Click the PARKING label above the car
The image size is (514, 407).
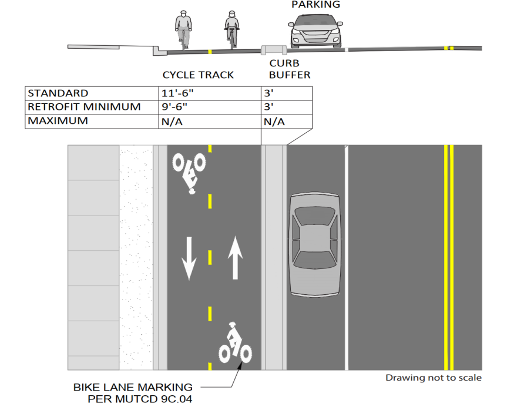315,5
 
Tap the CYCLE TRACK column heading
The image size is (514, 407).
198,75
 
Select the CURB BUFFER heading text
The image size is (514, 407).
290,69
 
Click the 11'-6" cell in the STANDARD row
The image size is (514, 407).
177,93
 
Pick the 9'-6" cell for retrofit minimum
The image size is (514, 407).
174,107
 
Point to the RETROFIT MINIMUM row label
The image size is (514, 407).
84,107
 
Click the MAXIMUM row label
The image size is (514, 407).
58,121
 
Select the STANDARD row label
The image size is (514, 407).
58,93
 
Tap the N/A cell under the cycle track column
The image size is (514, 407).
172,122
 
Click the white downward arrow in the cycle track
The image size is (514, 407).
189,258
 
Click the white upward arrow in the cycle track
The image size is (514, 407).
235,258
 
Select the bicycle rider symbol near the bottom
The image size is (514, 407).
235,342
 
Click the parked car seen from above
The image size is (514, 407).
315,244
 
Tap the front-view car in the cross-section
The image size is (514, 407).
315,31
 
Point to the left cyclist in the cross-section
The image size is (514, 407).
183,30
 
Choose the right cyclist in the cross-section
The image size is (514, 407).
232,30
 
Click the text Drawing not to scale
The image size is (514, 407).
434,378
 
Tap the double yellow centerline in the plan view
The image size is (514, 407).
449,258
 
